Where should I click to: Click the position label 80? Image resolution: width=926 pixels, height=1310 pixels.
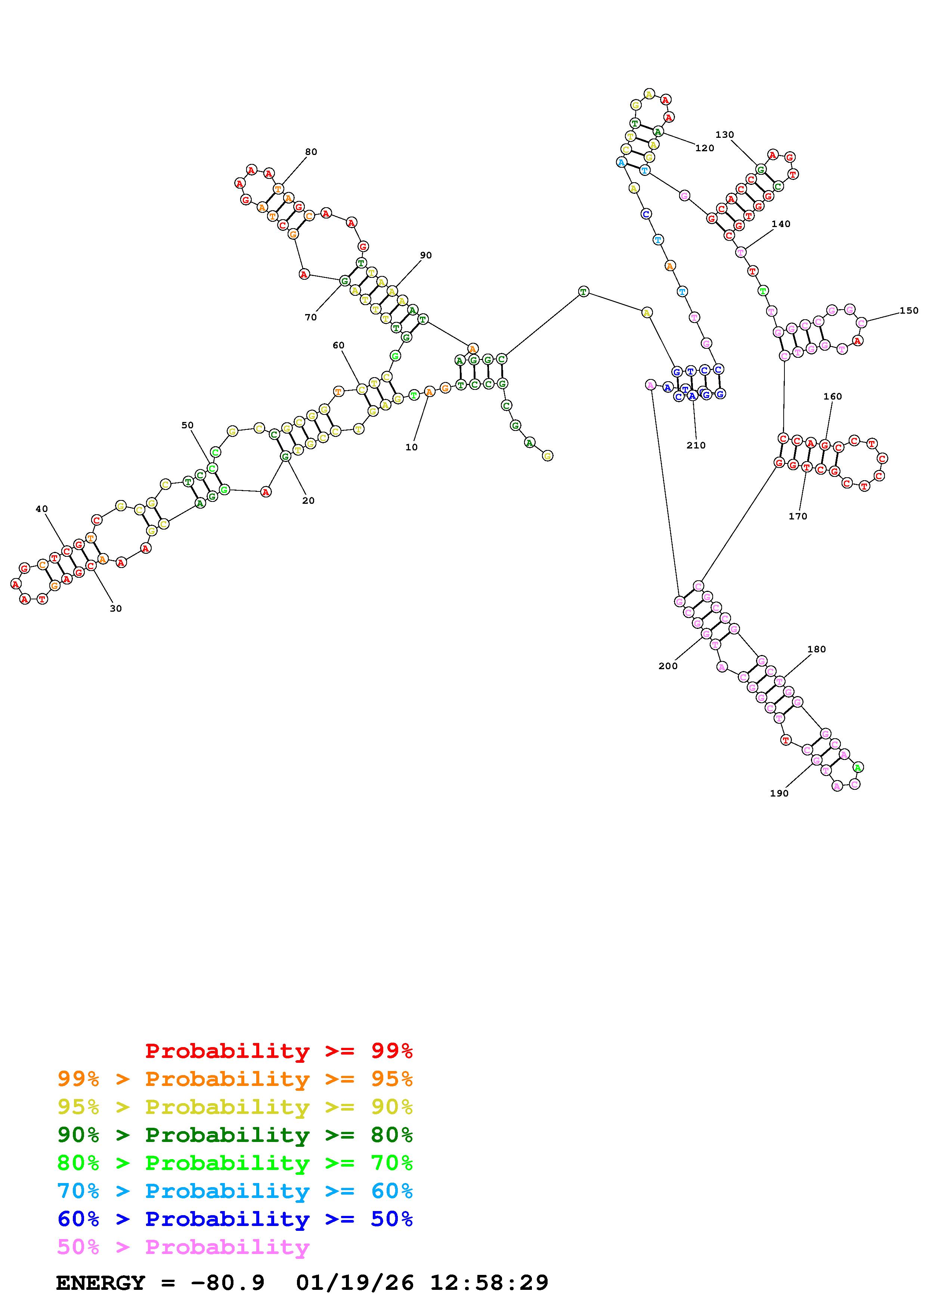310,152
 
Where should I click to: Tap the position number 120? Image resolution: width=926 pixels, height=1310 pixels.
704,148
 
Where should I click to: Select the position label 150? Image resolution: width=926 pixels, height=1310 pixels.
909,310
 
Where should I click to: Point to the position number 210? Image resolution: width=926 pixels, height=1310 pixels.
696,445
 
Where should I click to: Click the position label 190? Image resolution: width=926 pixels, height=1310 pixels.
779,793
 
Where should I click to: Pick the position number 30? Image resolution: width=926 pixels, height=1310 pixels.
116,608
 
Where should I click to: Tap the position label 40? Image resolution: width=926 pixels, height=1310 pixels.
42,509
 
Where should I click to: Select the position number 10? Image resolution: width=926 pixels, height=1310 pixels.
411,447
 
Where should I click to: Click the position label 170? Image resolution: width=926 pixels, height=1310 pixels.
798,516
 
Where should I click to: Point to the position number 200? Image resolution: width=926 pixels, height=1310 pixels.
668,666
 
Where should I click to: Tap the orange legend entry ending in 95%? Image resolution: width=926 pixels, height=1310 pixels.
235,1079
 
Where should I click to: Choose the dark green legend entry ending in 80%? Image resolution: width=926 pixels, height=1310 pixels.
235,1135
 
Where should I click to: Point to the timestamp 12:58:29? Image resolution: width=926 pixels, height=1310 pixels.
489,1283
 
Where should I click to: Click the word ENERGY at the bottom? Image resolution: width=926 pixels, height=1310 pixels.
100,1283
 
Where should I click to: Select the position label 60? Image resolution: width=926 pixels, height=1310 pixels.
338,345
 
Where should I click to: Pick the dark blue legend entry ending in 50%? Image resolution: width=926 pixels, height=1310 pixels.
235,1219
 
